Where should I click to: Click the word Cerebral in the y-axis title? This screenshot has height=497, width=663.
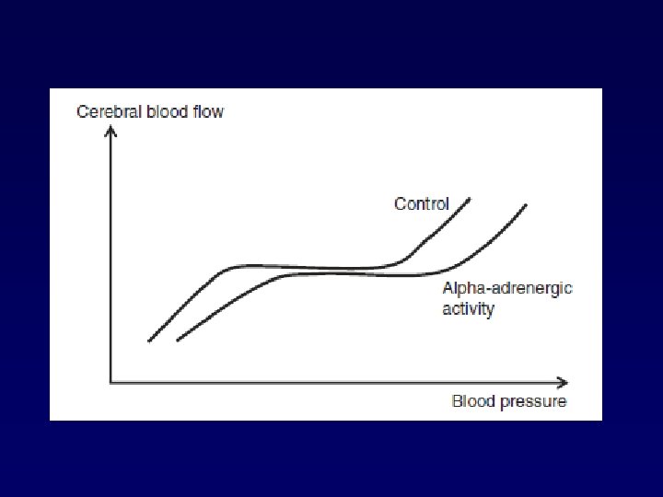click(105, 112)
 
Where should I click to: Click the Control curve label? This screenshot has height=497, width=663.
click(422, 203)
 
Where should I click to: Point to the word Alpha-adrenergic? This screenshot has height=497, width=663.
click(507, 288)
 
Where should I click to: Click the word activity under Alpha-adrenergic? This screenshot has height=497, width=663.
click(468, 309)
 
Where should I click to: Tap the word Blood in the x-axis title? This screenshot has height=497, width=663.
click(471, 401)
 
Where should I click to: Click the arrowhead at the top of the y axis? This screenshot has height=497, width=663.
click(111, 130)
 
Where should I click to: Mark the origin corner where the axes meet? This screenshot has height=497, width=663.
click(111, 381)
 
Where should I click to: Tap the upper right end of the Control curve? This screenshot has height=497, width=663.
click(470, 198)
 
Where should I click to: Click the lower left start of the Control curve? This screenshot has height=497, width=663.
click(149, 341)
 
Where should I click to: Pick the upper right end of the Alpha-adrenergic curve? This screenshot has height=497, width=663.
click(527, 204)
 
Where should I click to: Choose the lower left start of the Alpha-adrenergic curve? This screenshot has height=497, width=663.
click(177, 341)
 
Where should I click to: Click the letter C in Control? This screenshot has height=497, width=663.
click(400, 203)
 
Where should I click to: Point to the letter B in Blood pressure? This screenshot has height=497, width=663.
click(457, 401)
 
